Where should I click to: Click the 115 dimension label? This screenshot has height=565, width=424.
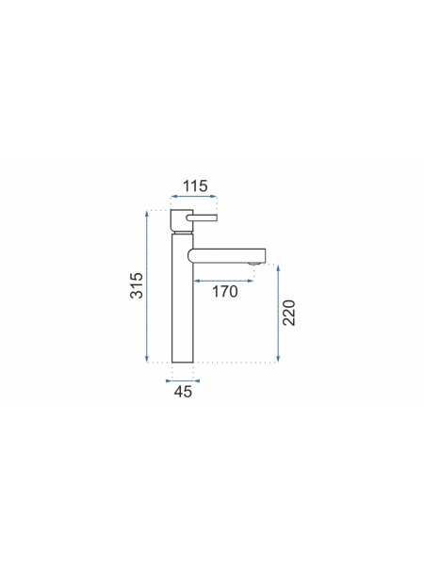click(195, 186)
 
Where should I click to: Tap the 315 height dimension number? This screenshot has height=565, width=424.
click(137, 285)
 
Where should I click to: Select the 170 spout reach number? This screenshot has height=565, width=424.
click(224, 292)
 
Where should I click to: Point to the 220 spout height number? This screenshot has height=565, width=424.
click(289, 313)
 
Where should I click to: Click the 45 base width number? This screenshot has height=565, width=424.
click(183, 392)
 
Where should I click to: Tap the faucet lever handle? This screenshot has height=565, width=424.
click(202, 218)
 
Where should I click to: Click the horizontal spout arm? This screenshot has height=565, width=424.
click(227, 255)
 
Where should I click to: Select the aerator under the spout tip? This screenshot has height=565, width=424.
click(253, 264)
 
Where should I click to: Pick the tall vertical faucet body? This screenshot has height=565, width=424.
click(183, 298)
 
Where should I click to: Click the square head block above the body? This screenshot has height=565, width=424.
click(182, 221)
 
